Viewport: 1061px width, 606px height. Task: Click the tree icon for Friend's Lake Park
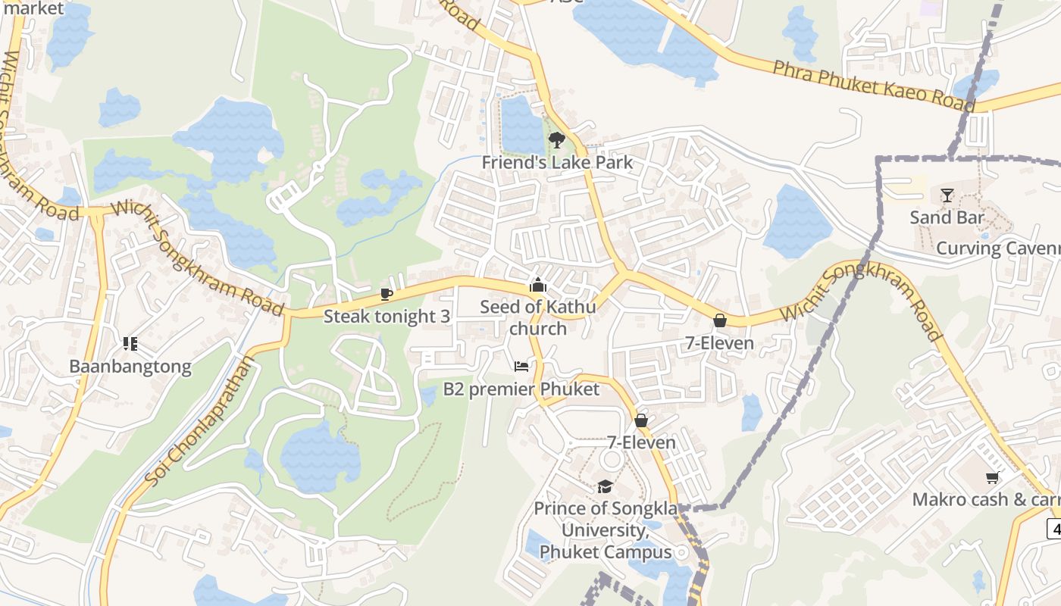coord(556,140)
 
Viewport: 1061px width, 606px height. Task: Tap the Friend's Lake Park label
coord(557,163)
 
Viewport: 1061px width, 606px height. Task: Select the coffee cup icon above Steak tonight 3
coord(387,294)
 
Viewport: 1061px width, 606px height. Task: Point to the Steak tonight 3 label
coord(387,317)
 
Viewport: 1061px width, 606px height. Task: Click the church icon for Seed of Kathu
coord(537,286)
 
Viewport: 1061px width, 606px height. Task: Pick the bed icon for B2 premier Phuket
coord(521,367)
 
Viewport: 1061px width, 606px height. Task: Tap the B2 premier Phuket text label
coord(521,389)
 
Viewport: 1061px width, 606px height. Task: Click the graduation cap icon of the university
coord(605,486)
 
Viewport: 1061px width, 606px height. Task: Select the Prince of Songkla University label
coord(606,529)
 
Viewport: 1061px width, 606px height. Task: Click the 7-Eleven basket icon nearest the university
coord(641,420)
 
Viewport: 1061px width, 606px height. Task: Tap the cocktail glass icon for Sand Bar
coord(947,195)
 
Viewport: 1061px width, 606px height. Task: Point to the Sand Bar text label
coord(947,218)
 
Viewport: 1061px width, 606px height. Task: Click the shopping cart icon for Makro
coord(992,477)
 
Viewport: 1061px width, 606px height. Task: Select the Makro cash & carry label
coord(985,500)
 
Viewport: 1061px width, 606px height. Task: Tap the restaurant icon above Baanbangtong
coord(130,344)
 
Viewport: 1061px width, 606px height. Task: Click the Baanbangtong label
coord(130,367)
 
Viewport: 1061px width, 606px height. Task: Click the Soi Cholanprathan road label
coord(199,422)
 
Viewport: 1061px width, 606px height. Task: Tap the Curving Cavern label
coord(997,248)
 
